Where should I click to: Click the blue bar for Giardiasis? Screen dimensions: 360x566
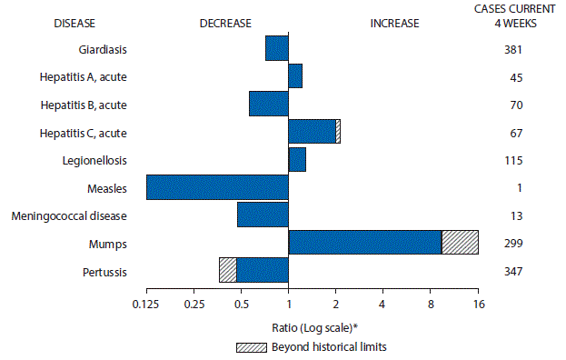point(277,47)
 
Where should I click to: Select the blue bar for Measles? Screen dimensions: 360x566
point(217,187)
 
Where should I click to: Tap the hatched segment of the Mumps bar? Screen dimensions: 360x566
point(460,243)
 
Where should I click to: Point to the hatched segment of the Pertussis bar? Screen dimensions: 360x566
point(227,271)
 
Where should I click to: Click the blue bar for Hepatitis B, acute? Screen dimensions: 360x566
point(269,104)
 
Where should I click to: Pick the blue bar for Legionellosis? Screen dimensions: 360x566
point(297,159)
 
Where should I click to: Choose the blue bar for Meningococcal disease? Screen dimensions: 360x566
point(263,215)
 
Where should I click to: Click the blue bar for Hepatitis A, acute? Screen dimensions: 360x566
point(295,75)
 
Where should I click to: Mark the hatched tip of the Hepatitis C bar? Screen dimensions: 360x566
point(338,132)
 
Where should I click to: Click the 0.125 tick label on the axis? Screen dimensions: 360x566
point(146,305)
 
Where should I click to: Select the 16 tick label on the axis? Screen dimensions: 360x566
point(478,305)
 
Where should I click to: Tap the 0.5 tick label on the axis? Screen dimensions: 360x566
point(241,305)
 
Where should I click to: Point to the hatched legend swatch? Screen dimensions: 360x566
point(248,346)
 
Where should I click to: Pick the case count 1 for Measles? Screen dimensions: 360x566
point(516,188)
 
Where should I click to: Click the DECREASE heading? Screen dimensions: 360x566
point(225,24)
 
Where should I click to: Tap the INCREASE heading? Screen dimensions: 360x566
point(394,24)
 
